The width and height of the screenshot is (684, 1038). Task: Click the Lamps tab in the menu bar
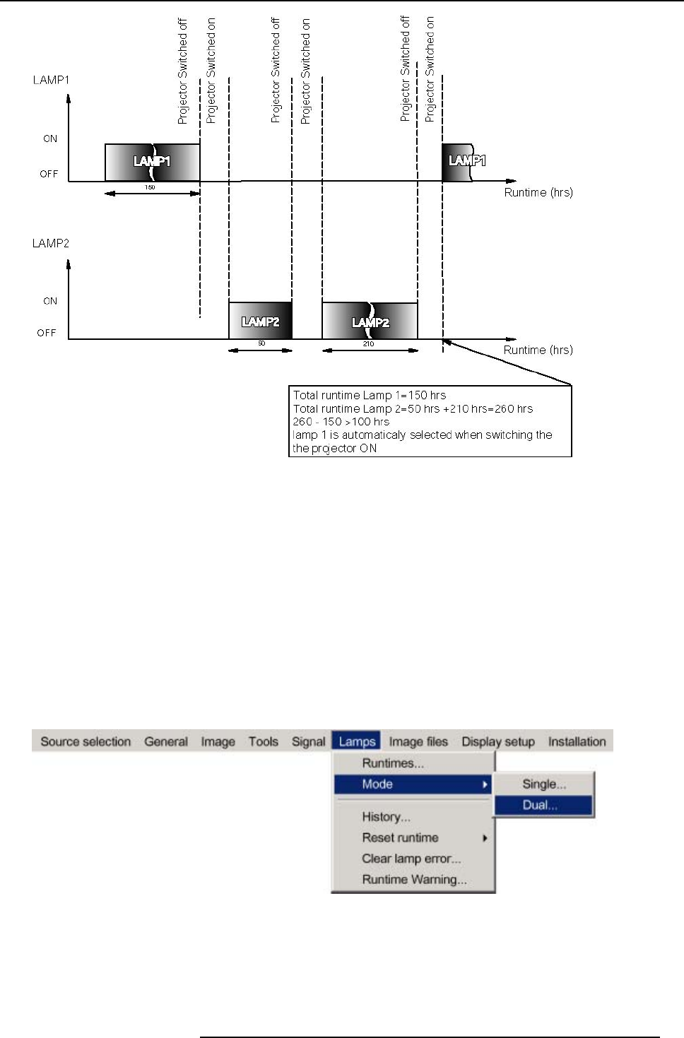357,741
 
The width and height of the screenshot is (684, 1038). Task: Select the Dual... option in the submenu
540,805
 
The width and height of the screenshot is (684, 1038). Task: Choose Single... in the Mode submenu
543,784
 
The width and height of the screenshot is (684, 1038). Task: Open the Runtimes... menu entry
392,763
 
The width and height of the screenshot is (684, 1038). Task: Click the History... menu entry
386,817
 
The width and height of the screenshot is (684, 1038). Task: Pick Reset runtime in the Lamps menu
400,837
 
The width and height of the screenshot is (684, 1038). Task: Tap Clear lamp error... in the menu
411,859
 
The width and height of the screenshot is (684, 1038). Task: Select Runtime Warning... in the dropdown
414,880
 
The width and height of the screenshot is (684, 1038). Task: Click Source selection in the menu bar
85,741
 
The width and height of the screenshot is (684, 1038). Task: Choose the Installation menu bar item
577,741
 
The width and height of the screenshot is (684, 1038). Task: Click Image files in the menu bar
418,741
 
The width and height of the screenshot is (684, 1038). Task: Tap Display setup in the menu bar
498,741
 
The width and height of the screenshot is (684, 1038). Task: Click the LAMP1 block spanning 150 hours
152,163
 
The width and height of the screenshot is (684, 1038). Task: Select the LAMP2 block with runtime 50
260,321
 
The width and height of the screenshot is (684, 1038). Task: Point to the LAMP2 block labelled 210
370,321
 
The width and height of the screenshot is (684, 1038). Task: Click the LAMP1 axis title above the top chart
51,80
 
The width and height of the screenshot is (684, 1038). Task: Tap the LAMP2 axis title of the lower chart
51,243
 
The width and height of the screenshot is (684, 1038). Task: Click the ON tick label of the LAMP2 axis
50,301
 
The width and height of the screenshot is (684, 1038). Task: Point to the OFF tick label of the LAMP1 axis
49,174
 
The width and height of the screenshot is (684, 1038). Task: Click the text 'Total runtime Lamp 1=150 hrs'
370,395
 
